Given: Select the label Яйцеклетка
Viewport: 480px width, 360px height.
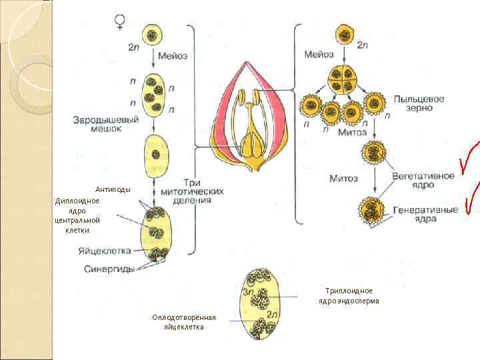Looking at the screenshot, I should click(x=104, y=251).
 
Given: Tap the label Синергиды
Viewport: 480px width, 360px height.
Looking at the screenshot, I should click(x=109, y=269).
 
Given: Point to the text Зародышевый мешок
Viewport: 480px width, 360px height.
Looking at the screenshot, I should click(x=107, y=124).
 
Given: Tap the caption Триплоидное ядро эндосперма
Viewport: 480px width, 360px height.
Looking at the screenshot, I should click(x=349, y=296).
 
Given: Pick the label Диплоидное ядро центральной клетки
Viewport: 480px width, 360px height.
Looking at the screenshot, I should click(x=77, y=215).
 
